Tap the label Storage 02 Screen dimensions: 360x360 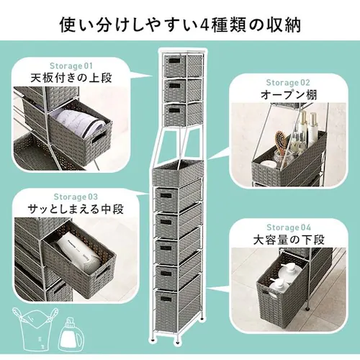point(287,82)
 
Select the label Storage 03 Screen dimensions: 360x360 point(75,195)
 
